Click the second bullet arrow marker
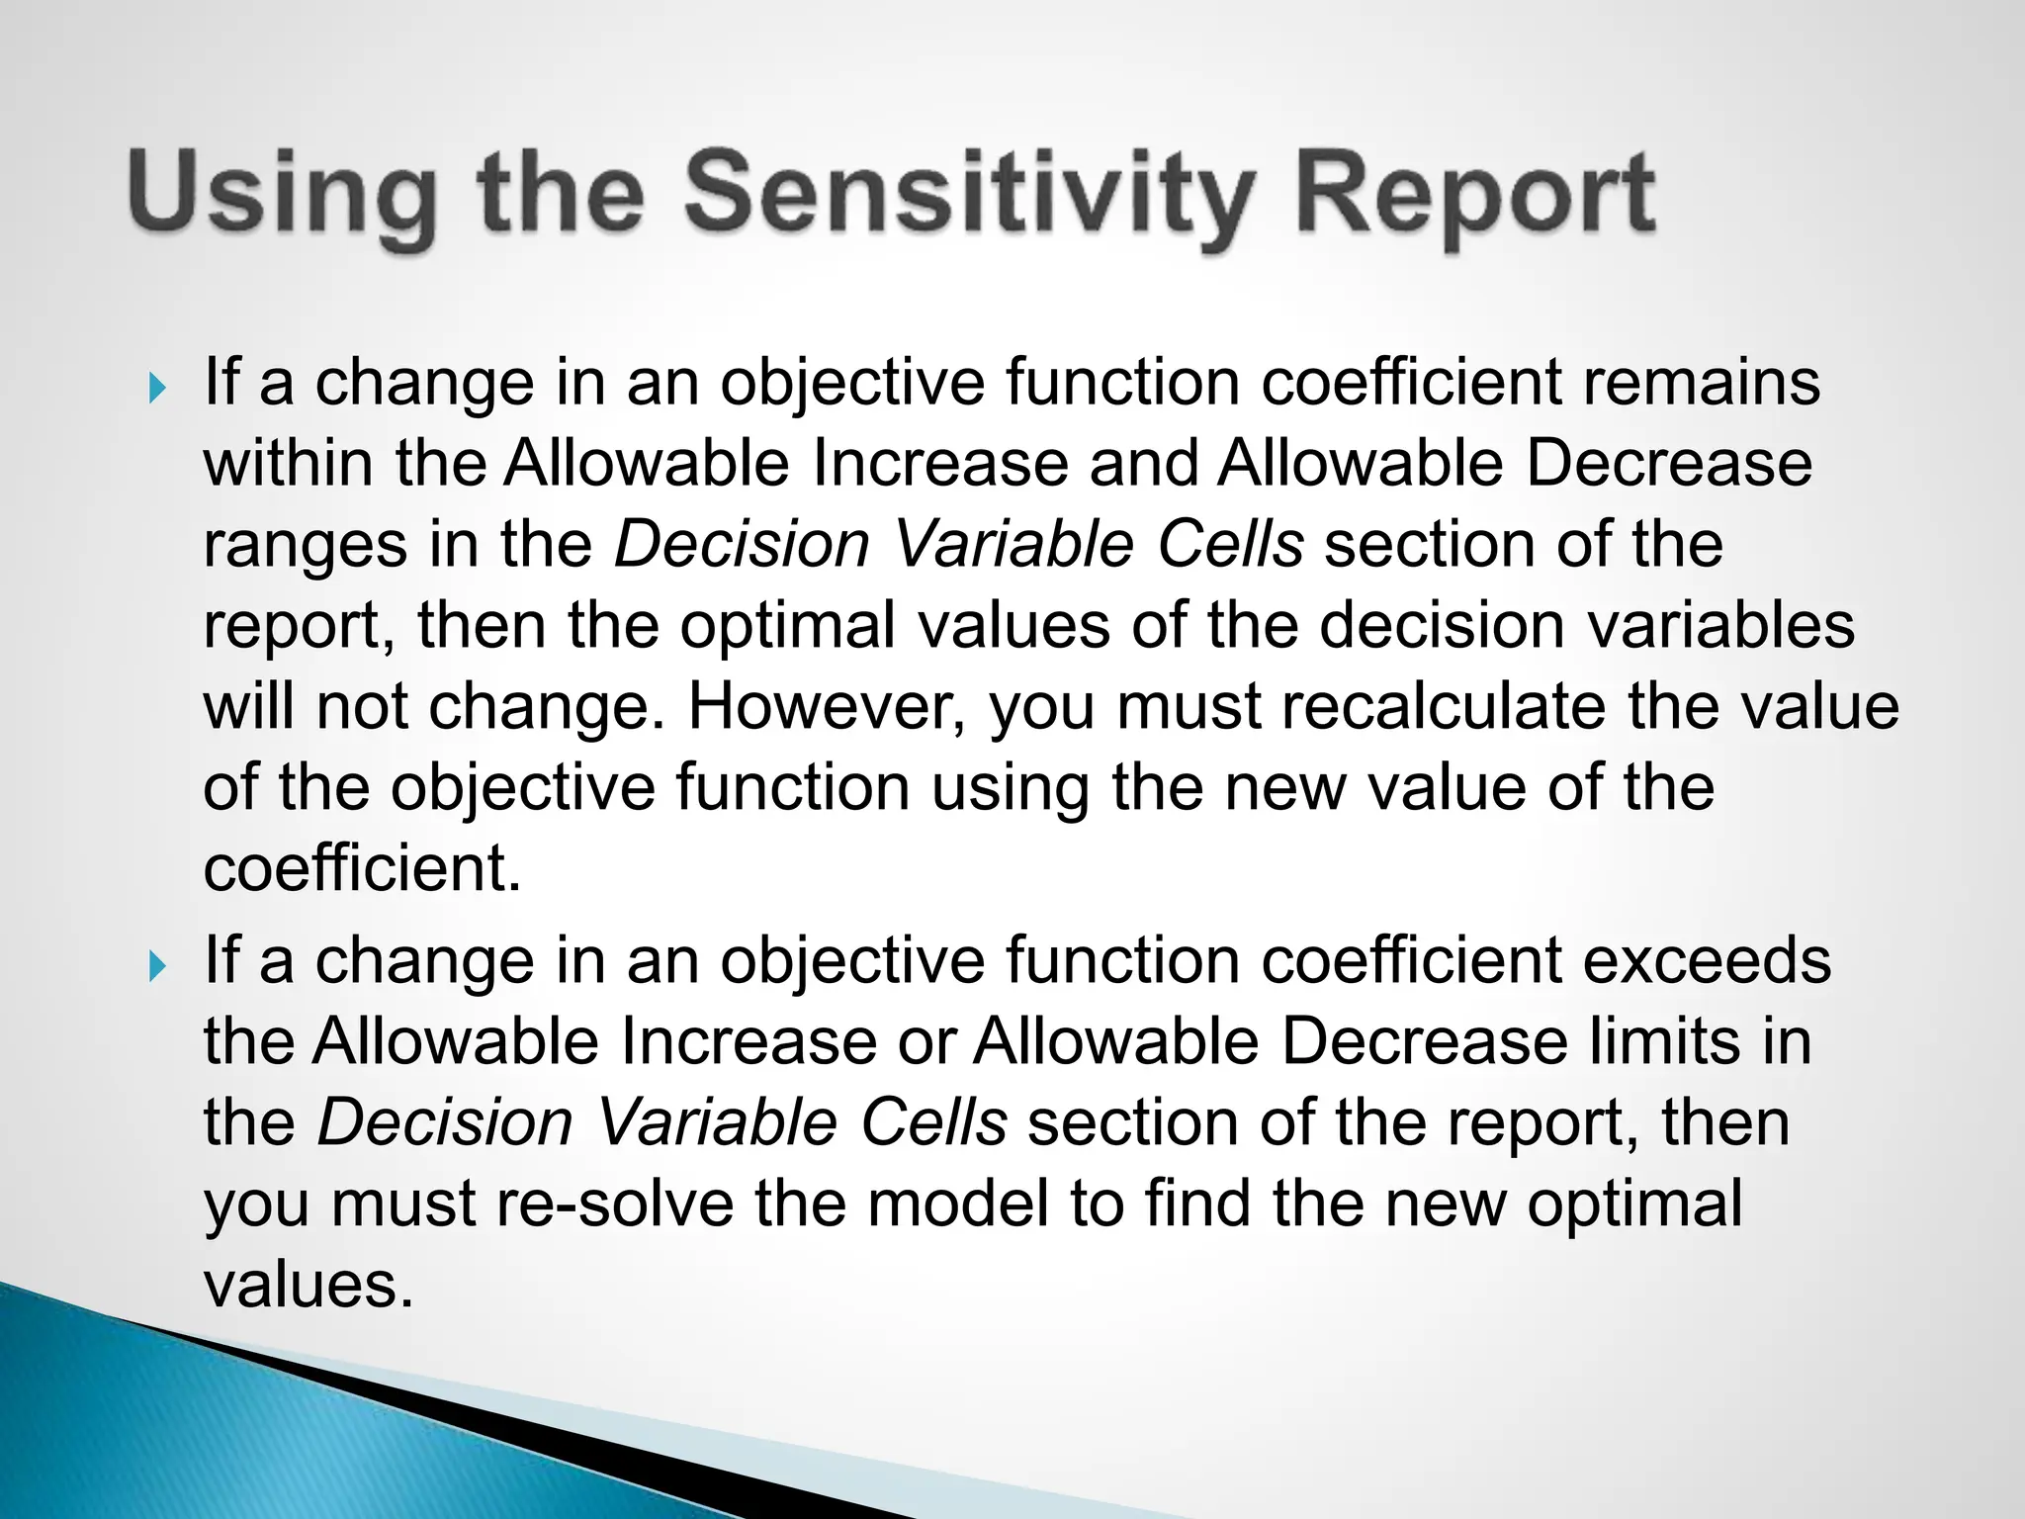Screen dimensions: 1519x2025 [x=157, y=966]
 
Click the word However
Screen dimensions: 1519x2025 [x=826, y=707]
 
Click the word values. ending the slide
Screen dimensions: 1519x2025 [x=308, y=1285]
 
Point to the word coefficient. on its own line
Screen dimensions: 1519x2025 [x=362, y=869]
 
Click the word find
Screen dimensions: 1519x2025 [x=1197, y=1204]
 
